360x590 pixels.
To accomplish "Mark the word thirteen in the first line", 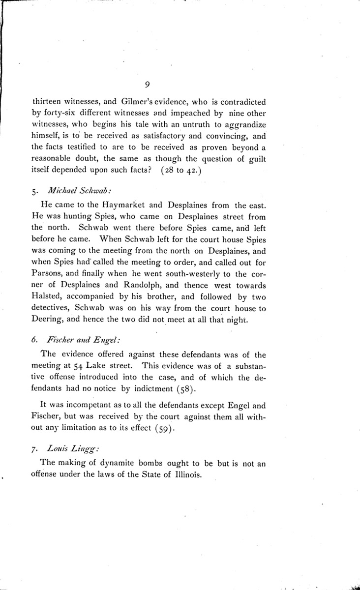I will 47,102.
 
